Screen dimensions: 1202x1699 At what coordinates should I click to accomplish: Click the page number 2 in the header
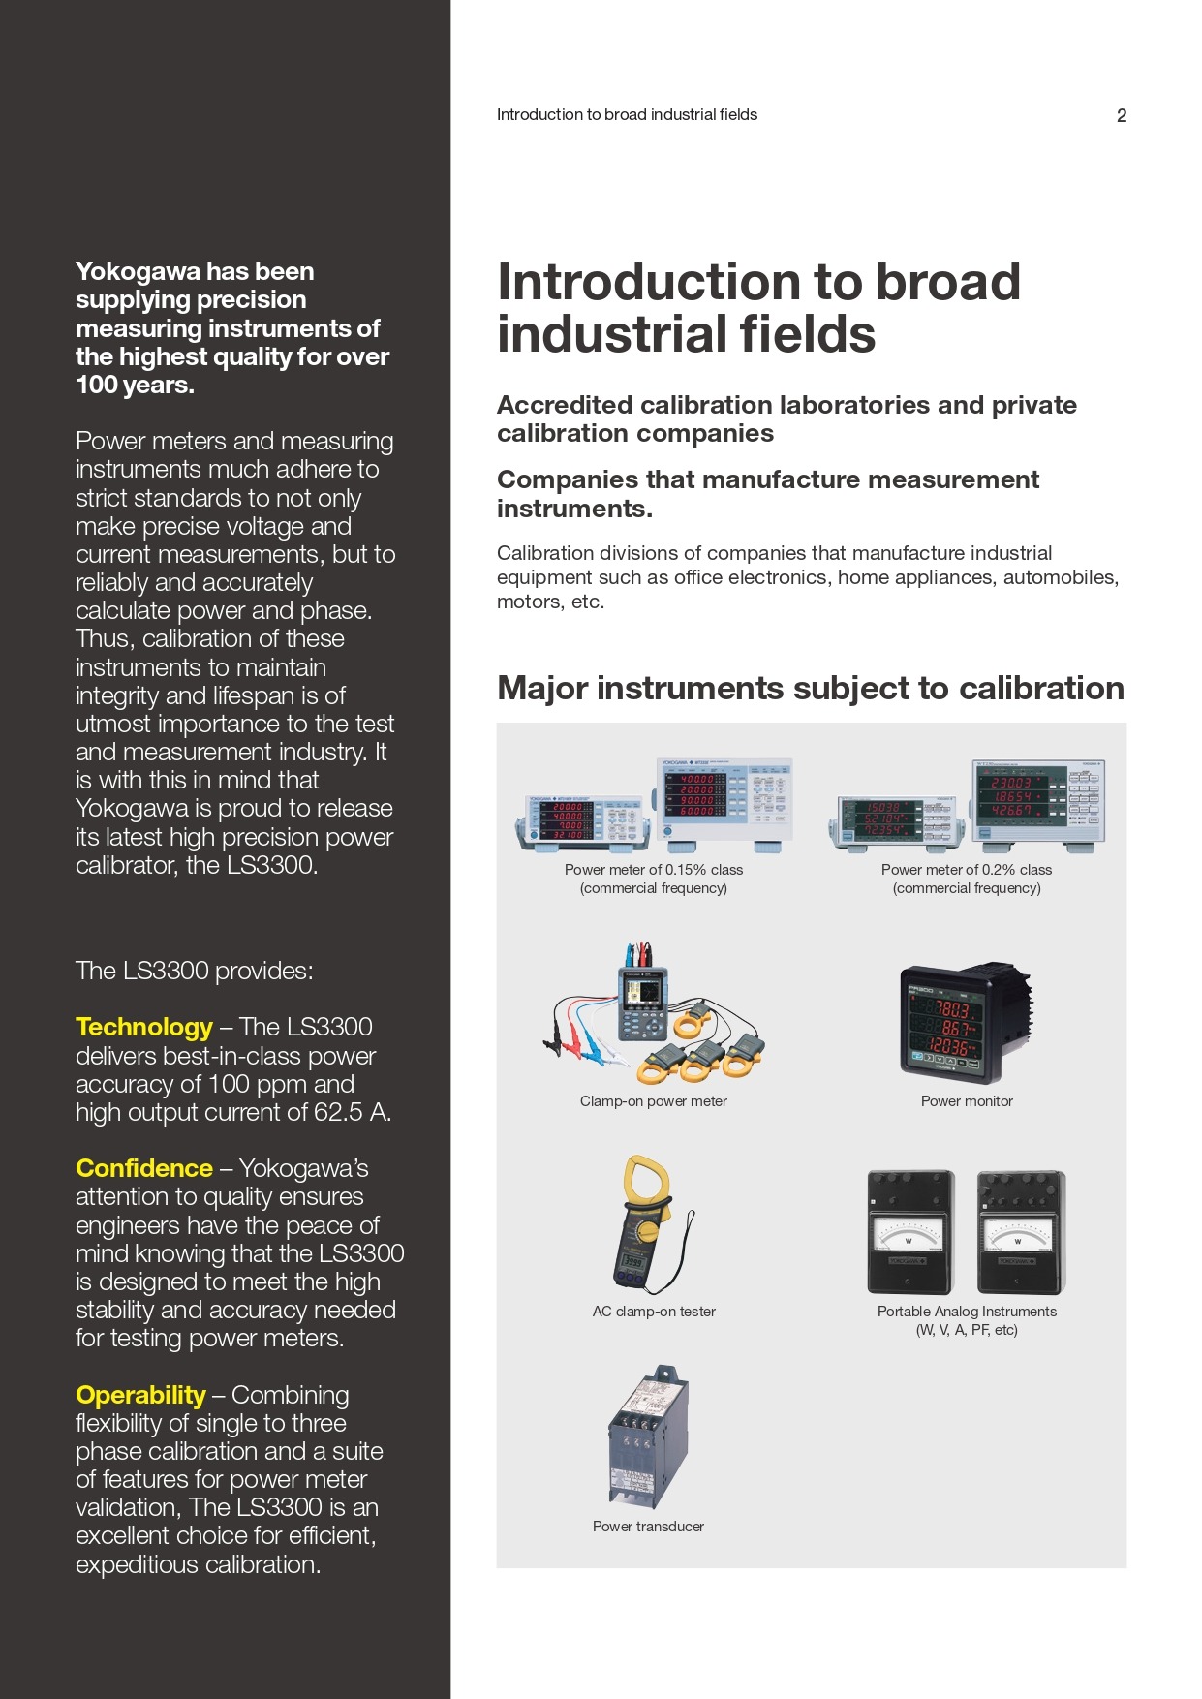tap(1122, 116)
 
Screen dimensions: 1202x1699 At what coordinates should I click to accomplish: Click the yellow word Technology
tap(144, 1027)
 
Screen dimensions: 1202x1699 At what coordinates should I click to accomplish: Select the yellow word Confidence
tap(144, 1168)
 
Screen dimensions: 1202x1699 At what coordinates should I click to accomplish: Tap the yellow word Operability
tap(140, 1396)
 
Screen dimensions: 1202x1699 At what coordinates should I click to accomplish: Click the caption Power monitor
tap(967, 1101)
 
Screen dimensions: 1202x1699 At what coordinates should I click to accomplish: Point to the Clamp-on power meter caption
tap(654, 1101)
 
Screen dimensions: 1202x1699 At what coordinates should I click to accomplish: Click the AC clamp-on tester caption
tap(654, 1312)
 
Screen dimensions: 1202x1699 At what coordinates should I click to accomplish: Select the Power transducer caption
tap(648, 1527)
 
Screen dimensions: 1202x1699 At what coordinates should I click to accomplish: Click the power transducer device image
tap(648, 1436)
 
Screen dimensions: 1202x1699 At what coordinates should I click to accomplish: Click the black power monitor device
tap(966, 1022)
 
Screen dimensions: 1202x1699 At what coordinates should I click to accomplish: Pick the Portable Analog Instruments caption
tap(967, 1320)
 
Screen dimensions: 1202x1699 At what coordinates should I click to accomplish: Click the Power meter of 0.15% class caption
tap(654, 879)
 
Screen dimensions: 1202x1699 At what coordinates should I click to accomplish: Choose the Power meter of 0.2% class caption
tap(967, 879)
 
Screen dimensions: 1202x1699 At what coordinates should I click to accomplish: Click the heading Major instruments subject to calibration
tap(811, 689)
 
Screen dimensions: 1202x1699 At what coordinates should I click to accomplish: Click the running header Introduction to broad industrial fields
tap(627, 115)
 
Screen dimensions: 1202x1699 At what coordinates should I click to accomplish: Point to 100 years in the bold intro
tap(135, 386)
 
